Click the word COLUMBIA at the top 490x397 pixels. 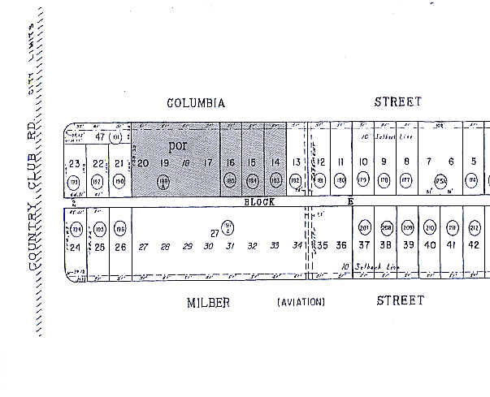coord(195,103)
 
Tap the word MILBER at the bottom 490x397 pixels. coord(208,302)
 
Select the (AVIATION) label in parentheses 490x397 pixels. coord(301,303)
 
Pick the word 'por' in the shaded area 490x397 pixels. coord(176,146)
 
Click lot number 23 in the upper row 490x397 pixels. coord(75,164)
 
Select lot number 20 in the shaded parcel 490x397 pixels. coord(142,163)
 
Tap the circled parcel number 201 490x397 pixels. coord(364,227)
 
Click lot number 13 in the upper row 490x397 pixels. coord(297,163)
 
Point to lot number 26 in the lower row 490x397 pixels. coord(120,246)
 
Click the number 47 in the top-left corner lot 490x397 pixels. coord(100,137)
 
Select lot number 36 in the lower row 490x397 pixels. coord(341,245)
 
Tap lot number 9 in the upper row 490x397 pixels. coord(384,162)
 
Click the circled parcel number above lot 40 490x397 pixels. coord(430,227)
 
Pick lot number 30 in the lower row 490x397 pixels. coord(209,246)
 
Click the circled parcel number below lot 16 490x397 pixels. coord(231,180)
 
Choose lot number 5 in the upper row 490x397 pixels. coord(473,162)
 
